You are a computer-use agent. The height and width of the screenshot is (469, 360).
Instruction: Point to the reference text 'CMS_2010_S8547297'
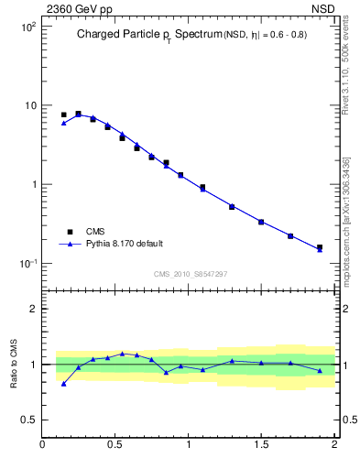click(x=191, y=274)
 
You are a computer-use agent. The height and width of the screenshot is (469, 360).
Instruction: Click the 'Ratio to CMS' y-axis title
click(x=15, y=364)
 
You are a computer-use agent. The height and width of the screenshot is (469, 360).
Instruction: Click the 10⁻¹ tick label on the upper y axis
click(x=27, y=264)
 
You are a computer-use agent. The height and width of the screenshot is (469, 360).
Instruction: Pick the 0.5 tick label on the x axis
click(x=115, y=446)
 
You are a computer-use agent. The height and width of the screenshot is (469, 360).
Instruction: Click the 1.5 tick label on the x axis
click(x=261, y=446)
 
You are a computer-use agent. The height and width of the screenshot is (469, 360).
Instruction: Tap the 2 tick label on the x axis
click(x=334, y=446)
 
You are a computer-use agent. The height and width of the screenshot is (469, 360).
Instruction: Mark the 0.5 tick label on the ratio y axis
click(x=29, y=420)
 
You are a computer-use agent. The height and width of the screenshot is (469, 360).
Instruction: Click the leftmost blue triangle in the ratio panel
click(x=63, y=384)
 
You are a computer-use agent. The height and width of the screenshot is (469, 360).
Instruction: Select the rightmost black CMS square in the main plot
click(x=320, y=247)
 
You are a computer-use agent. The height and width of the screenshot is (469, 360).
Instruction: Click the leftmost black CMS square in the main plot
click(x=63, y=115)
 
